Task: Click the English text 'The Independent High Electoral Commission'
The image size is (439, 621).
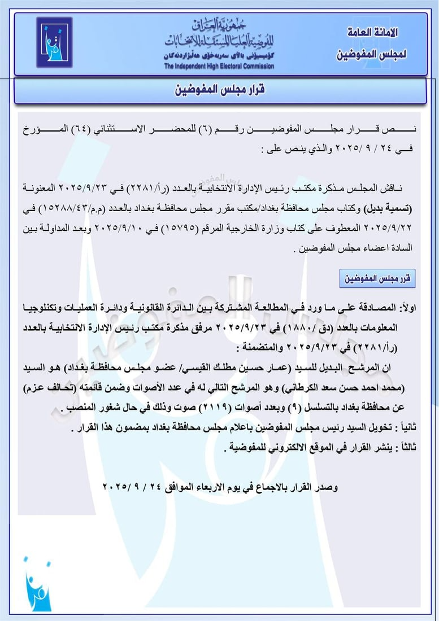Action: [x=219, y=66]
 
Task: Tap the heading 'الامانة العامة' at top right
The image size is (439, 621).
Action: [x=371, y=33]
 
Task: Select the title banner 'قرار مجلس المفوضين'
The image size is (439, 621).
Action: [x=219, y=90]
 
